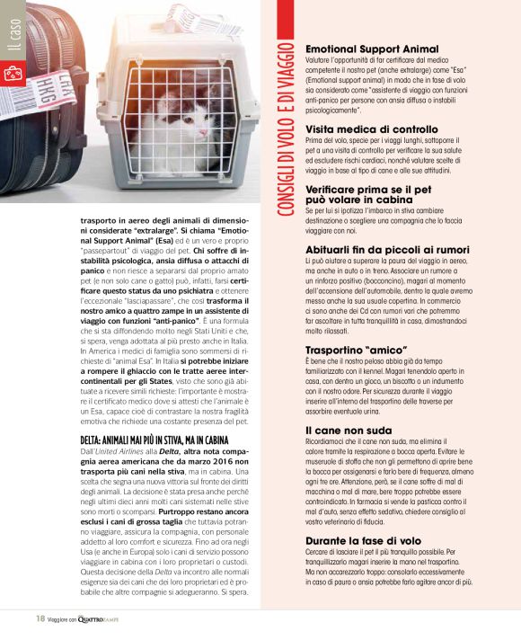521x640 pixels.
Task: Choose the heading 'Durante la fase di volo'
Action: click(363, 541)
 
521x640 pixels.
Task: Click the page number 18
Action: click(40, 618)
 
